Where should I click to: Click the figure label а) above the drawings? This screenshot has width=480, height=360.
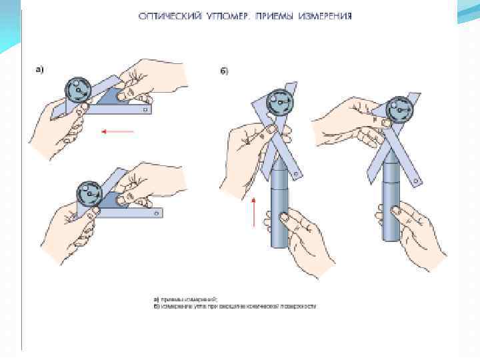[x=39, y=69]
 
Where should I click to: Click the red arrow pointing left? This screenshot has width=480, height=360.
[x=117, y=131]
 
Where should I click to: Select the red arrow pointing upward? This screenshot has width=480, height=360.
[x=254, y=211]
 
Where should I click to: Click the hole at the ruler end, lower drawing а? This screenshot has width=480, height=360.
[x=157, y=213]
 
